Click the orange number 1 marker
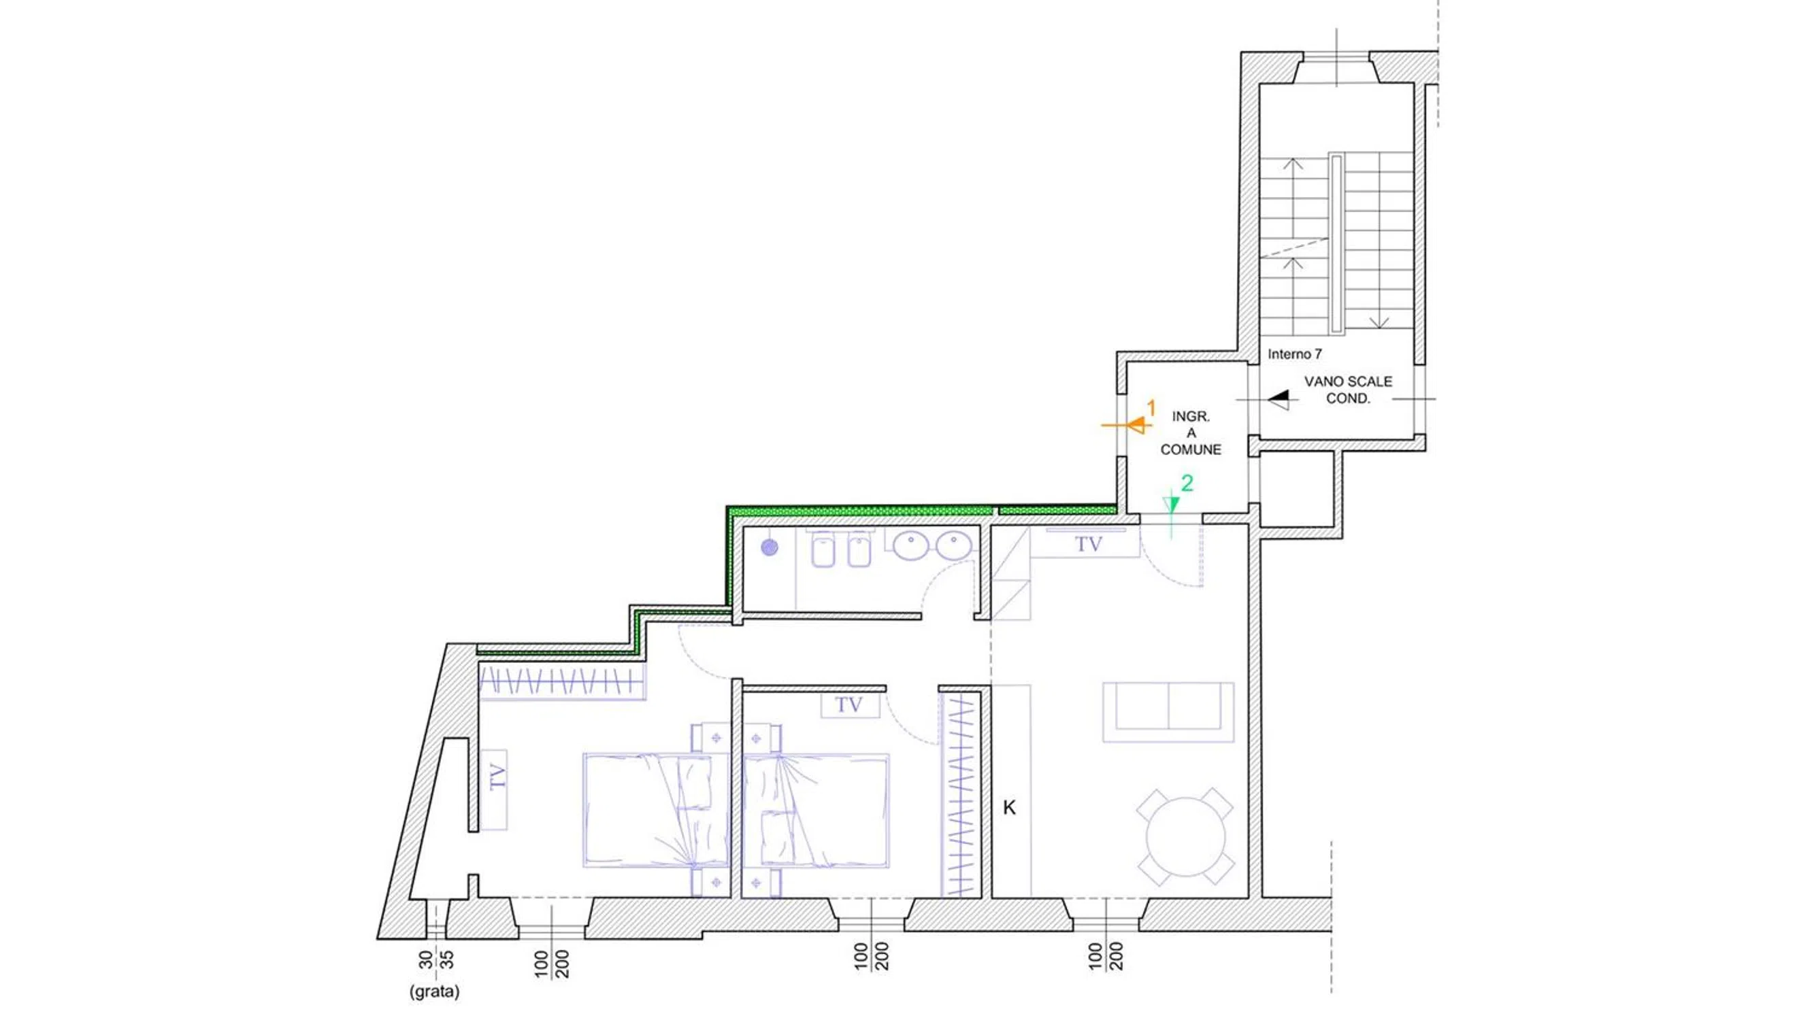1151,407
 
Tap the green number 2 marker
1187,483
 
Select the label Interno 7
1294,354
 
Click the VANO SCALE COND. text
1348,390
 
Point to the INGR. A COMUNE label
1191,433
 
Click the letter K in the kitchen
1009,808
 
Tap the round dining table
1185,837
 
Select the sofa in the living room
1168,712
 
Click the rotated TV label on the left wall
498,777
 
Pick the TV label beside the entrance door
1088,544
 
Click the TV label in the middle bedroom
848,704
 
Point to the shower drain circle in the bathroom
770,547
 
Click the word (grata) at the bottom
435,992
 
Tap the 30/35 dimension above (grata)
436,960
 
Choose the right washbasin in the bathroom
953,545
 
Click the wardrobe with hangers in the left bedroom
562,682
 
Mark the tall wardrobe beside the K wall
961,794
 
